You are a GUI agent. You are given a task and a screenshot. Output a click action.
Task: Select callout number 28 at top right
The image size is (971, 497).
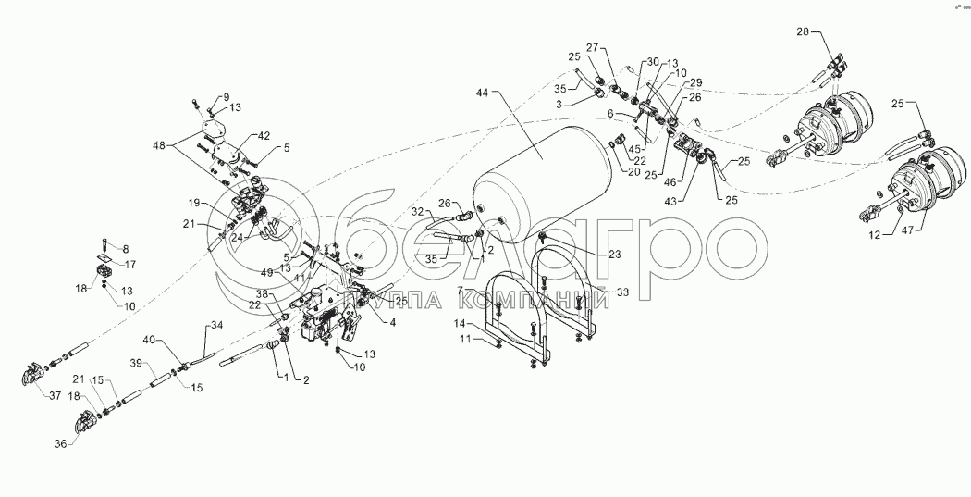coord(804,31)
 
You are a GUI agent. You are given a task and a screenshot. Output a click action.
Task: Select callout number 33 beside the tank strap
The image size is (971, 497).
coord(622,292)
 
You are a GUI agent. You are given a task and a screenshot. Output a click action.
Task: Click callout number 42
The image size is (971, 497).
coord(264,135)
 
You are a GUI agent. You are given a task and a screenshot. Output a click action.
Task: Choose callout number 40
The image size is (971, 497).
coord(150,341)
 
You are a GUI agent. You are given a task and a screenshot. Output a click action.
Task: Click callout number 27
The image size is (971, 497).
coord(592,46)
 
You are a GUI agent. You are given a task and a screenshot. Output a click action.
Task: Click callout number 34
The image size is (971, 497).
coord(217,325)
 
